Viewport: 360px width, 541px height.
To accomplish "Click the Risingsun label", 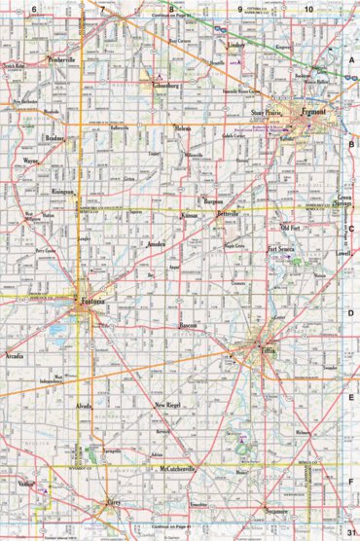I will pos(62,190).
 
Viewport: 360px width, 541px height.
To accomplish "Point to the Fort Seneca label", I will pos(280,249).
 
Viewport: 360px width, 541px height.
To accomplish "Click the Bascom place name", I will pos(189,324).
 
